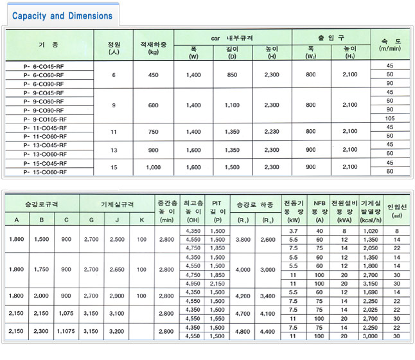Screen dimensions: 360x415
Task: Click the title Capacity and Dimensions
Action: tap(62, 15)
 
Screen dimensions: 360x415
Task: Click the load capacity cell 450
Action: tap(154, 75)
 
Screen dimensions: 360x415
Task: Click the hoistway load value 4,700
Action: tap(243, 314)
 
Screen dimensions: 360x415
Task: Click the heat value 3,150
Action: tap(371, 283)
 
